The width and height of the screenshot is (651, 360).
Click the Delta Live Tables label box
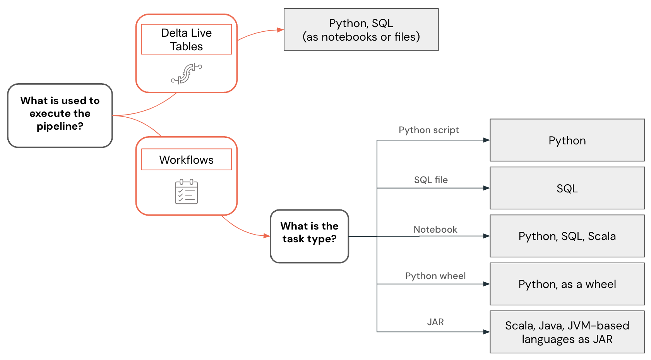[x=186, y=39]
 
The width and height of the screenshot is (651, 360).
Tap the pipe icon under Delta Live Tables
[x=187, y=74]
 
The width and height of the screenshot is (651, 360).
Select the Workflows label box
[x=186, y=159]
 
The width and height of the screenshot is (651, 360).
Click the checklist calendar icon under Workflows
[x=186, y=192]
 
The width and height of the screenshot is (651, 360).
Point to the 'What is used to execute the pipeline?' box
[x=60, y=115]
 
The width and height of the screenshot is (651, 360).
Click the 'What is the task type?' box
[x=309, y=236]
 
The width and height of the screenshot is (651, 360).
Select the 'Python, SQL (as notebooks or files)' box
[x=361, y=30]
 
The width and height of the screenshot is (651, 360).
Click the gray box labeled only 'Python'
[x=567, y=140]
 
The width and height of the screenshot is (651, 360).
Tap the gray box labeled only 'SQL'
[x=567, y=188]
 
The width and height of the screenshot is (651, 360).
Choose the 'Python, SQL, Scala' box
[x=567, y=236]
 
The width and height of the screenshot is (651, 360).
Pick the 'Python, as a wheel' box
[x=567, y=284]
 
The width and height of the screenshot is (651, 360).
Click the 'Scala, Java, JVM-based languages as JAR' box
[x=567, y=332]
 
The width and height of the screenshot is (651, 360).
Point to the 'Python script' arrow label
[x=428, y=130]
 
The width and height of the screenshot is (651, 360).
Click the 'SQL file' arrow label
[x=431, y=180]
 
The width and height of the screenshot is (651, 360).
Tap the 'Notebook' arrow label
[x=435, y=230]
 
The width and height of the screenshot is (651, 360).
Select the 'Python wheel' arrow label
[x=435, y=276]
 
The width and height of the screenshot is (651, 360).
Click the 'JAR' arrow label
[x=435, y=322]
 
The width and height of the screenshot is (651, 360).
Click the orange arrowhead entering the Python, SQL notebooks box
[x=281, y=30]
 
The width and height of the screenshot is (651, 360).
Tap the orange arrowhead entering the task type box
[x=267, y=236]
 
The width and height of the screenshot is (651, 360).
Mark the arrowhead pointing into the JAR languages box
[x=487, y=332]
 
